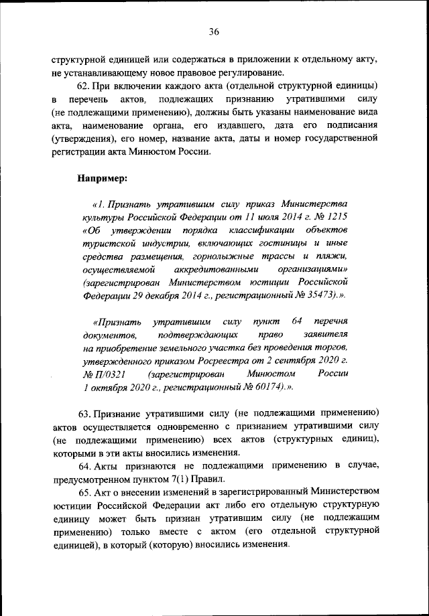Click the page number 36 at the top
214,31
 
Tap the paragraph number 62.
84,87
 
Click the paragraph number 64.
84,465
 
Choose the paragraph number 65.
84,494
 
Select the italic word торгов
332,347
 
